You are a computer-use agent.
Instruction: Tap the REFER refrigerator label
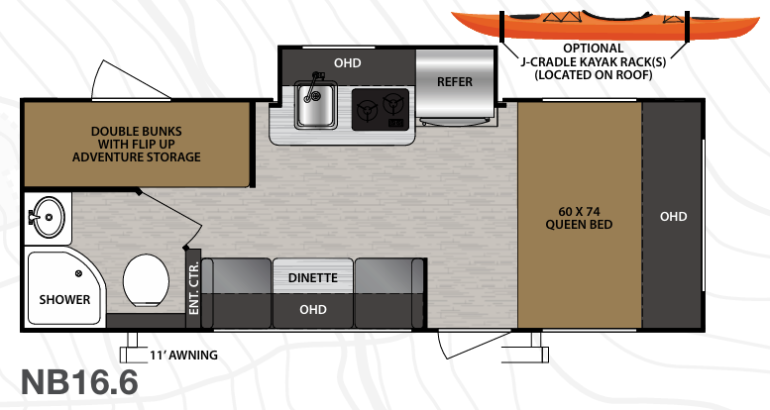click(x=455, y=81)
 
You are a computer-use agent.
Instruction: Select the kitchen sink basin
click(x=315, y=111)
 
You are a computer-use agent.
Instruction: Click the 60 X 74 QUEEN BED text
click(x=580, y=217)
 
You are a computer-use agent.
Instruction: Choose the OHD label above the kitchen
click(x=347, y=63)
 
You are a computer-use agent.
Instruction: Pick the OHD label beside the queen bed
click(x=674, y=217)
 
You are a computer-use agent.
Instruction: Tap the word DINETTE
click(x=313, y=278)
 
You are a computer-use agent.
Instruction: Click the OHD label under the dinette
click(x=313, y=310)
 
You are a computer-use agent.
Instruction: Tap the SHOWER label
click(x=64, y=299)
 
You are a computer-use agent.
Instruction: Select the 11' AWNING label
click(x=182, y=354)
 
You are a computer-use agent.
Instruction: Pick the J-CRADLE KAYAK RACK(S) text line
click(x=594, y=61)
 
